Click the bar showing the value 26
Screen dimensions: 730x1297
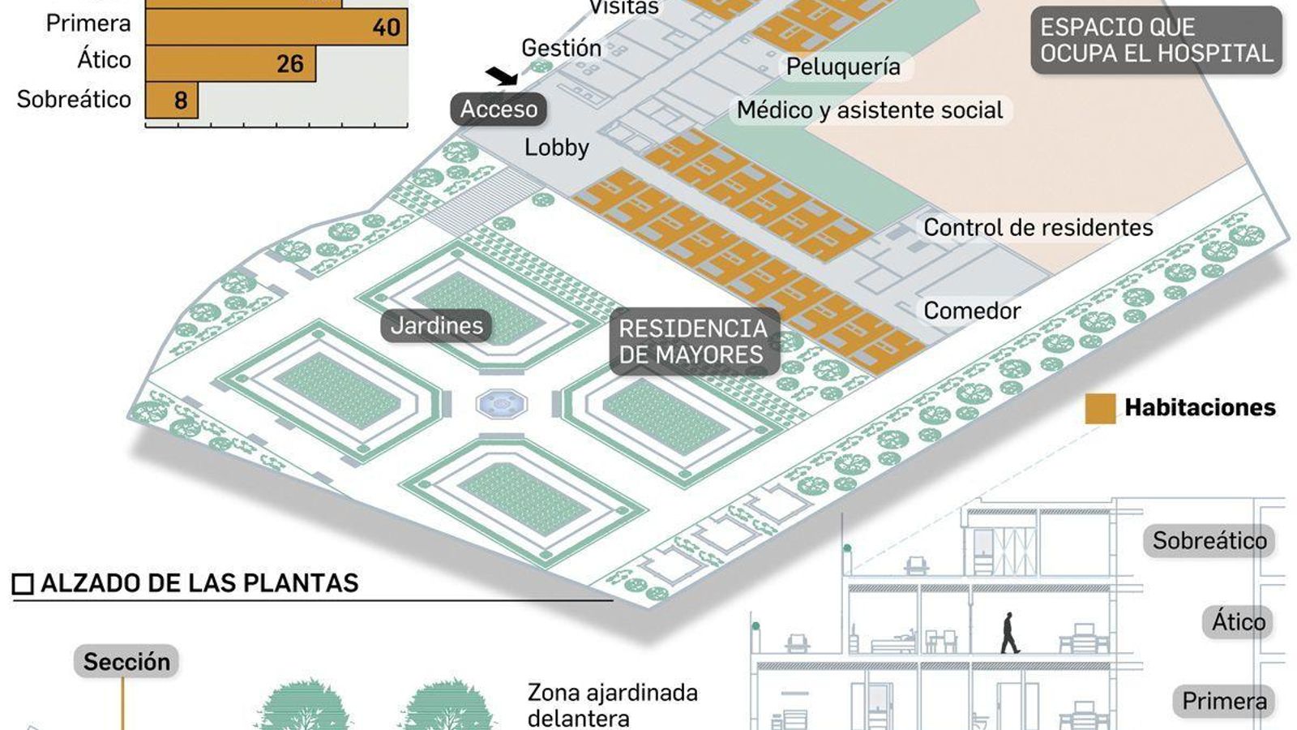point(230,63)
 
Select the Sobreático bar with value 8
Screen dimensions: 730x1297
point(172,100)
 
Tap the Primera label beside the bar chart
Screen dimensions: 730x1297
point(88,24)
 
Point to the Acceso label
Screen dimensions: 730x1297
point(499,109)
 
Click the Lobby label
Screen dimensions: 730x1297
point(556,148)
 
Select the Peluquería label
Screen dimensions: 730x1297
point(843,67)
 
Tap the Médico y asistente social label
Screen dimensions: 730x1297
point(870,110)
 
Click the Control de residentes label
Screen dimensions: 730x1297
point(1038,228)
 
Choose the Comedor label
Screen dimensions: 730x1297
point(972,311)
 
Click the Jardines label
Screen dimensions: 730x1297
point(436,326)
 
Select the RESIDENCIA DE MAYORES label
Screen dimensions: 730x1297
point(693,341)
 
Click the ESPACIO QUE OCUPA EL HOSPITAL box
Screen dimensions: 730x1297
point(1157,41)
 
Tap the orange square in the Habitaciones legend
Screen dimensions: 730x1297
point(1100,408)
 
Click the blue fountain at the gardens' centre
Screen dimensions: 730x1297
point(502,402)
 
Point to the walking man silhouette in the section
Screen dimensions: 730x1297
point(1009,633)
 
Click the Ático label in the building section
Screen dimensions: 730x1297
point(1238,622)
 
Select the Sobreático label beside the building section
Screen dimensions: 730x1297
point(1209,541)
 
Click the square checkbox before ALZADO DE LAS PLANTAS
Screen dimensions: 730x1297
point(23,584)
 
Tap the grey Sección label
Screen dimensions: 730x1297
point(126,662)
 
